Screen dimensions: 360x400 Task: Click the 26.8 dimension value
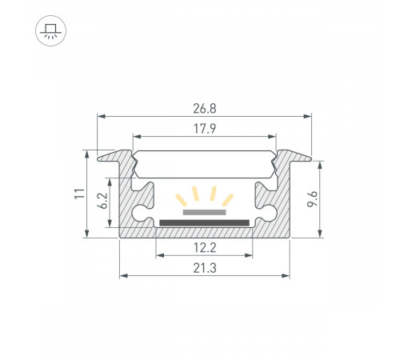pos(204,106)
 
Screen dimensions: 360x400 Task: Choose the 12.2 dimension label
pos(204,247)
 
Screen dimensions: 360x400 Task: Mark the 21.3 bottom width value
pos(204,267)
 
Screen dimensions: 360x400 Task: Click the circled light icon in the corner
pos(50,31)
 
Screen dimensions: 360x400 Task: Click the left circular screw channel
pos(144,213)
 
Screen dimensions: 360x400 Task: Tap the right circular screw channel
pos(264,213)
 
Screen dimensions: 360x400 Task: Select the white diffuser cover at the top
pos(204,165)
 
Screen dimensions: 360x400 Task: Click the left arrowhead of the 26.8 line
pos(101,117)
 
